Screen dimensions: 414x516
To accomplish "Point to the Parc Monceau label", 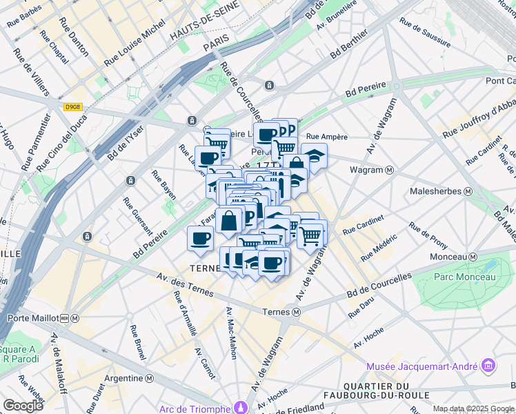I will point(465,277).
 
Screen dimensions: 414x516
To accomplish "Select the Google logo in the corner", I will point(23,406).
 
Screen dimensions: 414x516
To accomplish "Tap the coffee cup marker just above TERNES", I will point(200,239).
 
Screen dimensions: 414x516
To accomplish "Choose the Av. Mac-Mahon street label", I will point(231,333).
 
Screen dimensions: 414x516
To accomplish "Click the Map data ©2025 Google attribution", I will point(473,408).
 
